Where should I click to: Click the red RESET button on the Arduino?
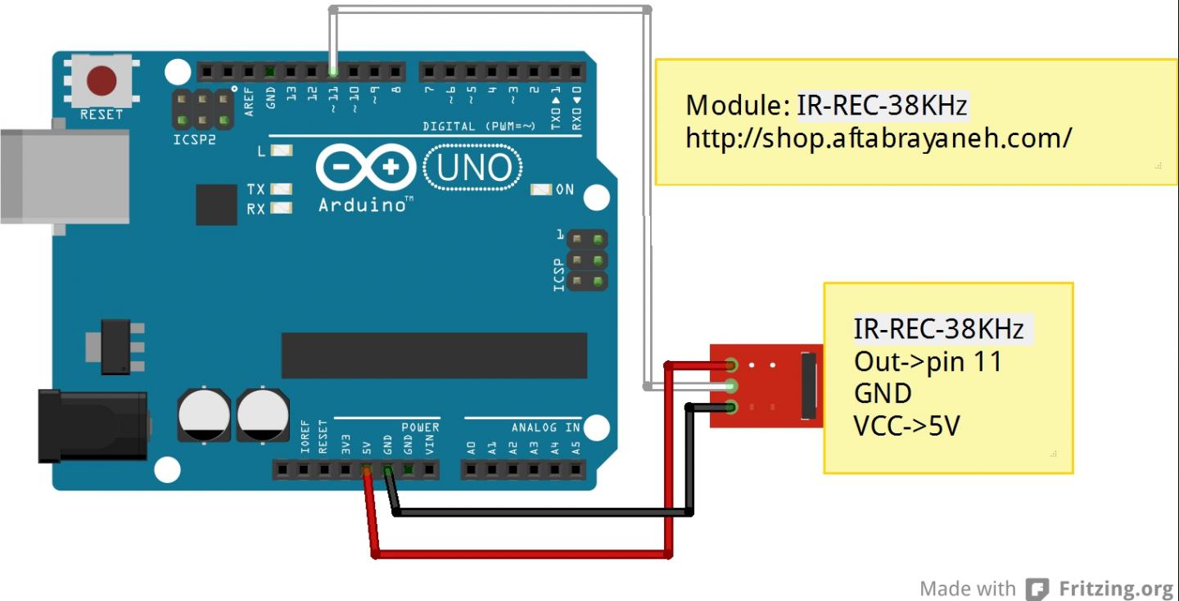click(x=102, y=81)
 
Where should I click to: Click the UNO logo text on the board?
click(x=474, y=168)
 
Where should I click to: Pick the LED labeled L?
click(x=282, y=151)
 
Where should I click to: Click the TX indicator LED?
click(x=282, y=189)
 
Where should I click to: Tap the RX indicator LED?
click(x=282, y=208)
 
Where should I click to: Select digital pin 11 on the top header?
click(x=333, y=71)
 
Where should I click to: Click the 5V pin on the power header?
click(x=366, y=470)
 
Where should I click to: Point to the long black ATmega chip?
click(x=434, y=355)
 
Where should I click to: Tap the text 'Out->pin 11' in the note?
click(x=928, y=361)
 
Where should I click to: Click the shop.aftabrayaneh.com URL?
click(x=879, y=138)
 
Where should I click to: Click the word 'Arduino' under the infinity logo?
click(x=362, y=205)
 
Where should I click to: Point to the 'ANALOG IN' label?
click(x=545, y=427)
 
